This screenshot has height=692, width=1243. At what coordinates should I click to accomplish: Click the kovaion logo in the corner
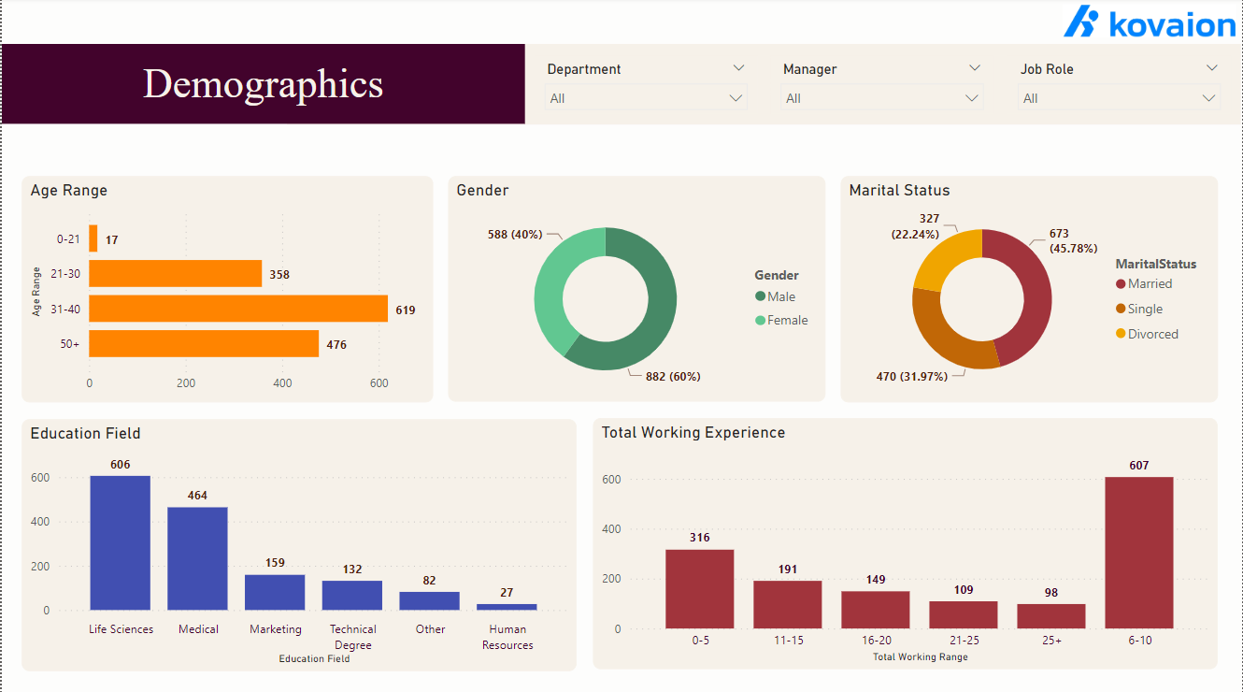(1149, 22)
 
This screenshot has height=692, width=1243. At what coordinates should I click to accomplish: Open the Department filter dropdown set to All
(646, 98)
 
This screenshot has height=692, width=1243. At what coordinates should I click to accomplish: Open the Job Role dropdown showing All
(1119, 98)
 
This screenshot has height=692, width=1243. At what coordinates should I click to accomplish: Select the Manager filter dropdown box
(881, 98)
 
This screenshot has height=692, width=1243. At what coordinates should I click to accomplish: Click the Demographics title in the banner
(263, 84)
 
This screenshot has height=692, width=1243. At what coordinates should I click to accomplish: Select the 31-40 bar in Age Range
(238, 309)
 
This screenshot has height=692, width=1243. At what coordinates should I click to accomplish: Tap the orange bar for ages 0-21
(93, 238)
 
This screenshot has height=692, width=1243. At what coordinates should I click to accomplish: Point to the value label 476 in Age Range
(336, 345)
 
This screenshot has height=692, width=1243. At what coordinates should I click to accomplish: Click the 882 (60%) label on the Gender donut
(673, 377)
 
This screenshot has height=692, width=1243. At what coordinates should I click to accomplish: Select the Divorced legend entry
(1152, 334)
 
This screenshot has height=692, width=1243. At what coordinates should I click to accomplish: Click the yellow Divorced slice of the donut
(947, 259)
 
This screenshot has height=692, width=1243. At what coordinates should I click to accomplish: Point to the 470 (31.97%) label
(911, 376)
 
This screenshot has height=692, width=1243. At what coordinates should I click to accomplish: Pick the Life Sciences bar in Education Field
(120, 542)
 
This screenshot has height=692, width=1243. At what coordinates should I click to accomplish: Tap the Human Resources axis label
(507, 637)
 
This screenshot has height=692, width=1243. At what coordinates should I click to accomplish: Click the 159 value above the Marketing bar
(275, 563)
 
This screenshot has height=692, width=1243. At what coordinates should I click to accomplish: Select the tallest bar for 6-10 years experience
(1138, 552)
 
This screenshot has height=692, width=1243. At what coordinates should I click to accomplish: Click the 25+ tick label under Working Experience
(1050, 641)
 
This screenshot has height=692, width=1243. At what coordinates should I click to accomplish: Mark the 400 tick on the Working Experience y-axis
(611, 529)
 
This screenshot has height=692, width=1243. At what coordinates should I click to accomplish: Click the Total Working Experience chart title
(693, 433)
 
